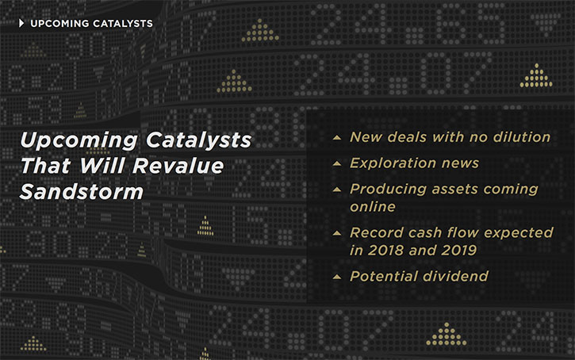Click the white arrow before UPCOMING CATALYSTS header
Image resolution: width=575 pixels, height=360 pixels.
click(x=21, y=24)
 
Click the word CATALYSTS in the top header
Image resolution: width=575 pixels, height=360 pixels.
click(x=122, y=24)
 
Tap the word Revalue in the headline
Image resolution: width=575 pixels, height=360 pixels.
click(x=178, y=166)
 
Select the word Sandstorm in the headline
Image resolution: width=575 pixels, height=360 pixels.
click(x=82, y=192)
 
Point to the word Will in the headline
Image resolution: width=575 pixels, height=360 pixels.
click(x=102, y=166)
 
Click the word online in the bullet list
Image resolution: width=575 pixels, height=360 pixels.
click(x=373, y=207)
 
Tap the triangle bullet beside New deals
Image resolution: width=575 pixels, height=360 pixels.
click(x=337, y=138)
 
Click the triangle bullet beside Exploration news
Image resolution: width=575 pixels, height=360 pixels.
click(x=337, y=163)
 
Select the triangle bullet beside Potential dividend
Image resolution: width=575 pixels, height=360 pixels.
click(x=337, y=277)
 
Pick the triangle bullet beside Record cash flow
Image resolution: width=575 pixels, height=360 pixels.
click(x=337, y=233)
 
